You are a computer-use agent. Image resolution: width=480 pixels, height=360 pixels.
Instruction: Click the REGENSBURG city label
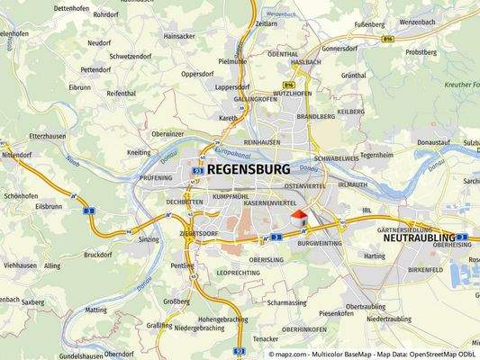[248, 169]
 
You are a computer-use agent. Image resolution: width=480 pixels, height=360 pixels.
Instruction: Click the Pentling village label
[182, 266]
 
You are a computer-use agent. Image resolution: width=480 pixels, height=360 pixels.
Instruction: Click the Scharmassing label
[288, 302]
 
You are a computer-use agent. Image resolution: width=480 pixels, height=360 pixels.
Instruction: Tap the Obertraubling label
[366, 306]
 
